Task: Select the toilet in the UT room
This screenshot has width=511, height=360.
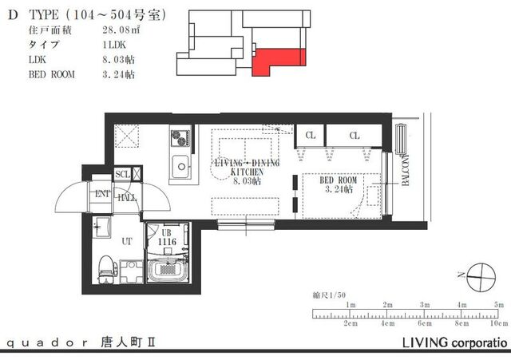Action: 105,268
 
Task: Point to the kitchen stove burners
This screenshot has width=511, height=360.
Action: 178,136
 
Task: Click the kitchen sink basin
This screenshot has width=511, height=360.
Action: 180,167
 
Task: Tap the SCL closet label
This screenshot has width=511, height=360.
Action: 123,174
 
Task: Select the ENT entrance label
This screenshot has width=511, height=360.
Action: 103,194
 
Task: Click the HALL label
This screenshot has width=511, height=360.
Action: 127,198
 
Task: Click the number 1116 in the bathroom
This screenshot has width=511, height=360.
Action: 167,241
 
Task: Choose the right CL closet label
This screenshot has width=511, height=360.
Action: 354,136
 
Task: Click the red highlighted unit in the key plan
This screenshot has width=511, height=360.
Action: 275,61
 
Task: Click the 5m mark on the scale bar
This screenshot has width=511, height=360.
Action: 499,305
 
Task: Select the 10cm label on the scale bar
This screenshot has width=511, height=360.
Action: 497,325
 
